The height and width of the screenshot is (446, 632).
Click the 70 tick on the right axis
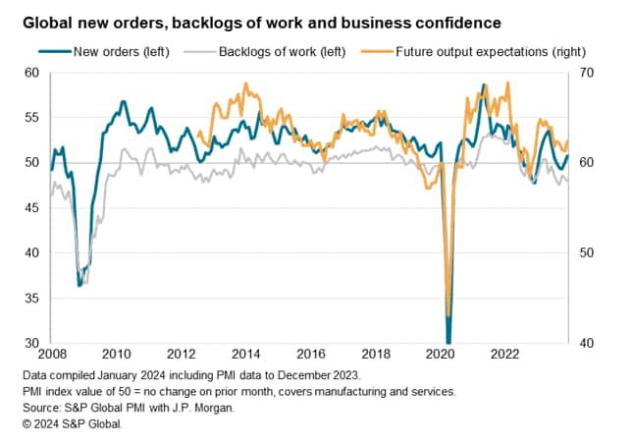593,73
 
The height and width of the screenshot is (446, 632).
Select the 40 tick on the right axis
593,343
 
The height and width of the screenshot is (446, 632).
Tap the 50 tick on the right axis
593,253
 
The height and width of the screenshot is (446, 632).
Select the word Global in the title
40,22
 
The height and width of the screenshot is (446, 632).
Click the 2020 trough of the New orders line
448,341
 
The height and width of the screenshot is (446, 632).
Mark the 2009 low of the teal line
79,286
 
